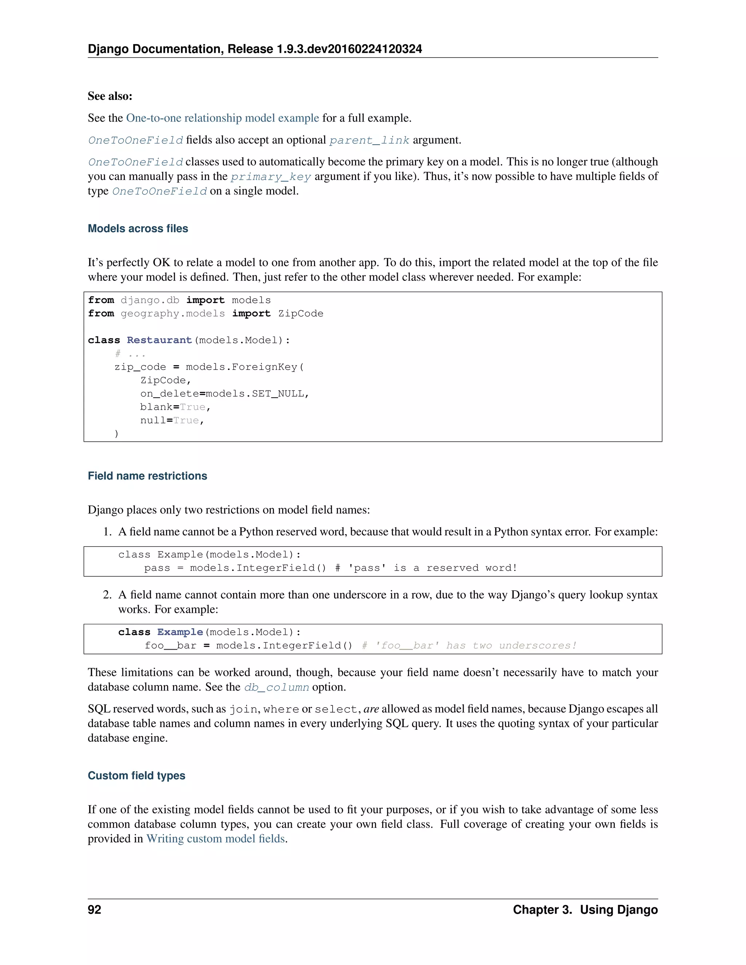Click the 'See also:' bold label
[110, 96]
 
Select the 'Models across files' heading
[138, 228]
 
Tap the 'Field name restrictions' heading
[147, 476]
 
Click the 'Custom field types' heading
[136, 775]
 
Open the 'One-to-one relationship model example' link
[222, 118]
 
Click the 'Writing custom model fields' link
[216, 839]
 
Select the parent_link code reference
[369, 141]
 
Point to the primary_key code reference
[271, 177]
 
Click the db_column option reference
[276, 688]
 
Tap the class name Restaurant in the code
[159, 340]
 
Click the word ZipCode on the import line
[301, 314]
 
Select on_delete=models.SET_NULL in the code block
[224, 394]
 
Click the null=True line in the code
[172, 421]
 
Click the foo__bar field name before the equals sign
[170, 646]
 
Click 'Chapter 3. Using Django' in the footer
[585, 910]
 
